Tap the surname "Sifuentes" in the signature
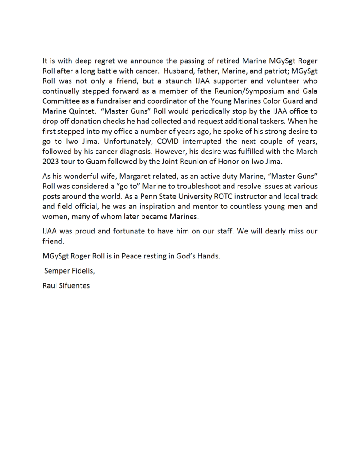pos(74,286)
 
